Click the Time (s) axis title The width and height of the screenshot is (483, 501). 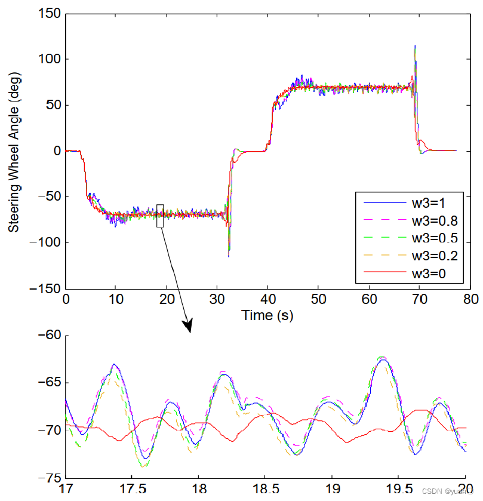[267, 315]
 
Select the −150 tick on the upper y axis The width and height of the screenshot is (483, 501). [44, 288]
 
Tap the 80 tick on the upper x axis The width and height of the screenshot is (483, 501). [470, 299]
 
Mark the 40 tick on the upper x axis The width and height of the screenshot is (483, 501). [268, 299]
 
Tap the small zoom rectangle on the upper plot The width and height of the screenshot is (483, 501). [160, 216]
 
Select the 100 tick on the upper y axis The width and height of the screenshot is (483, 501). [49, 60]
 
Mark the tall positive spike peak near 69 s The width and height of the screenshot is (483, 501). [414, 46]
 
